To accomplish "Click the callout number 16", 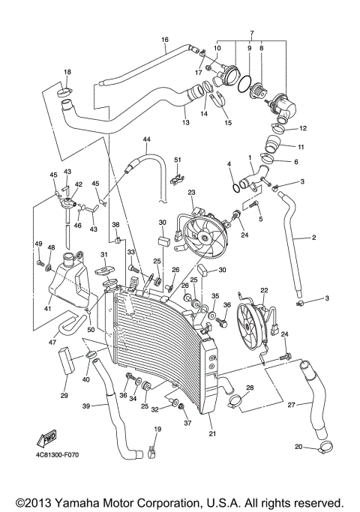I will (x=164, y=39).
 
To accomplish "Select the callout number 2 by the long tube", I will (x=314, y=238).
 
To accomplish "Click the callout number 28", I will (x=250, y=388).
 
